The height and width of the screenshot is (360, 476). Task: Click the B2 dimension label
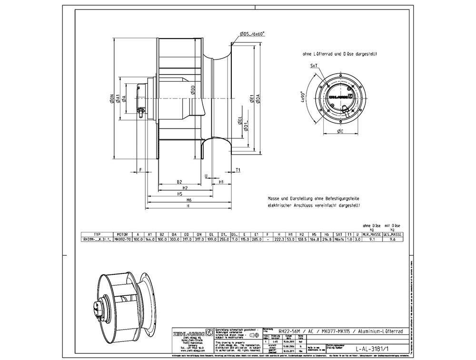(179, 182)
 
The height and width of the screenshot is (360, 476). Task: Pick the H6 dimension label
(189, 200)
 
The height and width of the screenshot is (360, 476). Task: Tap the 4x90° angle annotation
(302, 97)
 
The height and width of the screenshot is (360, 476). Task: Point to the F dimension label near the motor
(141, 169)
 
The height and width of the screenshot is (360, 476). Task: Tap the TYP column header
(98, 234)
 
